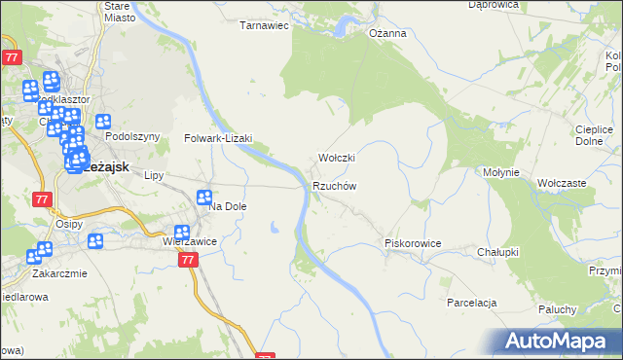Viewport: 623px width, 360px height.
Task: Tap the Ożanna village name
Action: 386,33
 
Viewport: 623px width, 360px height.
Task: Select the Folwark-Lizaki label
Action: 219,138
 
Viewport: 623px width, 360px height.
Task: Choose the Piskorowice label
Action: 414,243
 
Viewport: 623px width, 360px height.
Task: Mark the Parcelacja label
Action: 473,303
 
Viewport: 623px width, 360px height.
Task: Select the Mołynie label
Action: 503,172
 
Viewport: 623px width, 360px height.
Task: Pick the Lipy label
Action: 153,176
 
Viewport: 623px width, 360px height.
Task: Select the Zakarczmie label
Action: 59,273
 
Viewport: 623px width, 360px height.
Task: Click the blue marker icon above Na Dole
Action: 204,198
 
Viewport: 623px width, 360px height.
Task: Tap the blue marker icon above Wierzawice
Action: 181,234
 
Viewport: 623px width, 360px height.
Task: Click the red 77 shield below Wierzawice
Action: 189,260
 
